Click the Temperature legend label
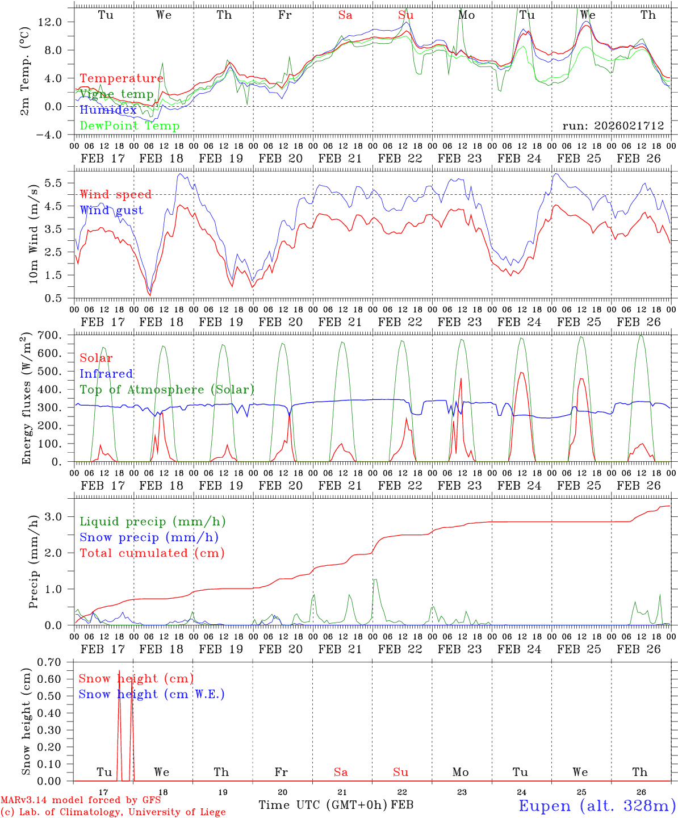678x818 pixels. point(122,78)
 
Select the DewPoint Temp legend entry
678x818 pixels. point(129,126)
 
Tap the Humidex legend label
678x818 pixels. point(108,110)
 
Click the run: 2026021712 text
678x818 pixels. point(613,126)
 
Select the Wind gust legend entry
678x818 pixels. point(111,210)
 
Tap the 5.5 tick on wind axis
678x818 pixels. point(59,183)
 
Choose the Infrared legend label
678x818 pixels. point(106,374)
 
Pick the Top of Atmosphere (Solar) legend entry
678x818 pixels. point(167,390)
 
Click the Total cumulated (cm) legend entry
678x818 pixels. point(152,553)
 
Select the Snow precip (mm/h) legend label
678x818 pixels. point(149,537)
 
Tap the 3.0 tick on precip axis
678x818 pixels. point(59,516)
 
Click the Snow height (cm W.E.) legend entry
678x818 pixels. point(152,694)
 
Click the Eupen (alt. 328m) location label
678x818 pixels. point(596,806)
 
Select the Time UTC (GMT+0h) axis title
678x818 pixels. point(323,805)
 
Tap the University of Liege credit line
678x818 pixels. point(113,812)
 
